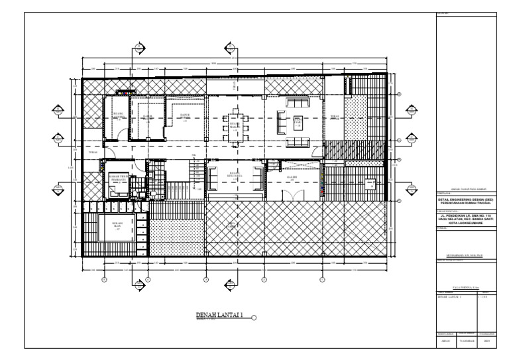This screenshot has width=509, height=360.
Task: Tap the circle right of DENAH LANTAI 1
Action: [254, 318]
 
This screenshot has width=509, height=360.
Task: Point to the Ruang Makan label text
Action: [234, 127]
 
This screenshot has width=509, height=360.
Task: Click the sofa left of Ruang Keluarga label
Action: [213, 178]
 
